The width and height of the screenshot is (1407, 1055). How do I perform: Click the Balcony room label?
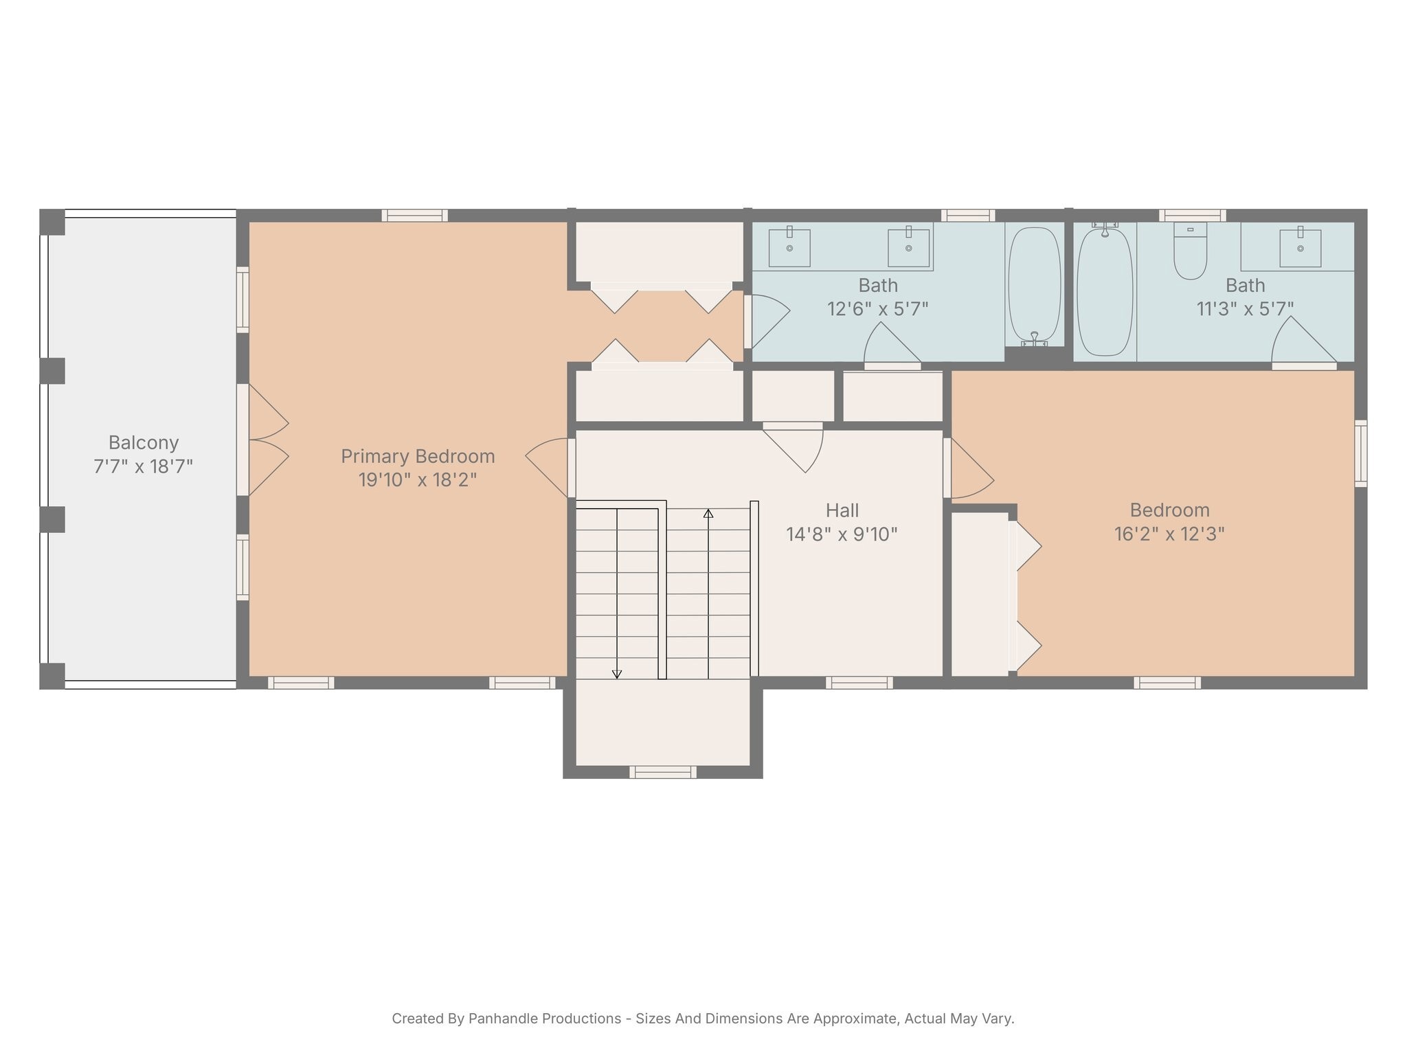click(144, 442)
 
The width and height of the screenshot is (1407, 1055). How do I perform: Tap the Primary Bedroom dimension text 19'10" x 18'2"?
click(417, 479)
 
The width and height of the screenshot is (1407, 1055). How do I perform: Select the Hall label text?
click(842, 510)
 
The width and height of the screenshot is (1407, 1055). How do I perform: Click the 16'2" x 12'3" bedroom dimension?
click(1169, 534)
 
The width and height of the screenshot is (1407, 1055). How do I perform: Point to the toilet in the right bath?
click(1190, 251)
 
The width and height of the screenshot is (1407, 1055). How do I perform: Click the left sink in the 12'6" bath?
click(789, 247)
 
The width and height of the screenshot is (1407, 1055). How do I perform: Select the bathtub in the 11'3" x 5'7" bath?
click(1104, 292)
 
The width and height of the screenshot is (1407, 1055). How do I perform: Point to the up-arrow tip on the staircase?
click(708, 512)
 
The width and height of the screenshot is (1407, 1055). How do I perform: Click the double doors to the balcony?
click(264, 440)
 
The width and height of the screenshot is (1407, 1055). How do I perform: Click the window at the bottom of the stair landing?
click(663, 772)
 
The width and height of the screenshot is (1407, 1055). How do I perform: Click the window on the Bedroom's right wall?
click(1360, 453)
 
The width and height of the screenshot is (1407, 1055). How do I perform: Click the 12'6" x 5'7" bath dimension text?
click(877, 309)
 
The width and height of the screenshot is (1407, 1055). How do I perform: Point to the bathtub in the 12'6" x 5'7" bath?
click(1034, 285)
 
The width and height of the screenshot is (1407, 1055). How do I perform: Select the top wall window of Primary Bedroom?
click(414, 216)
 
